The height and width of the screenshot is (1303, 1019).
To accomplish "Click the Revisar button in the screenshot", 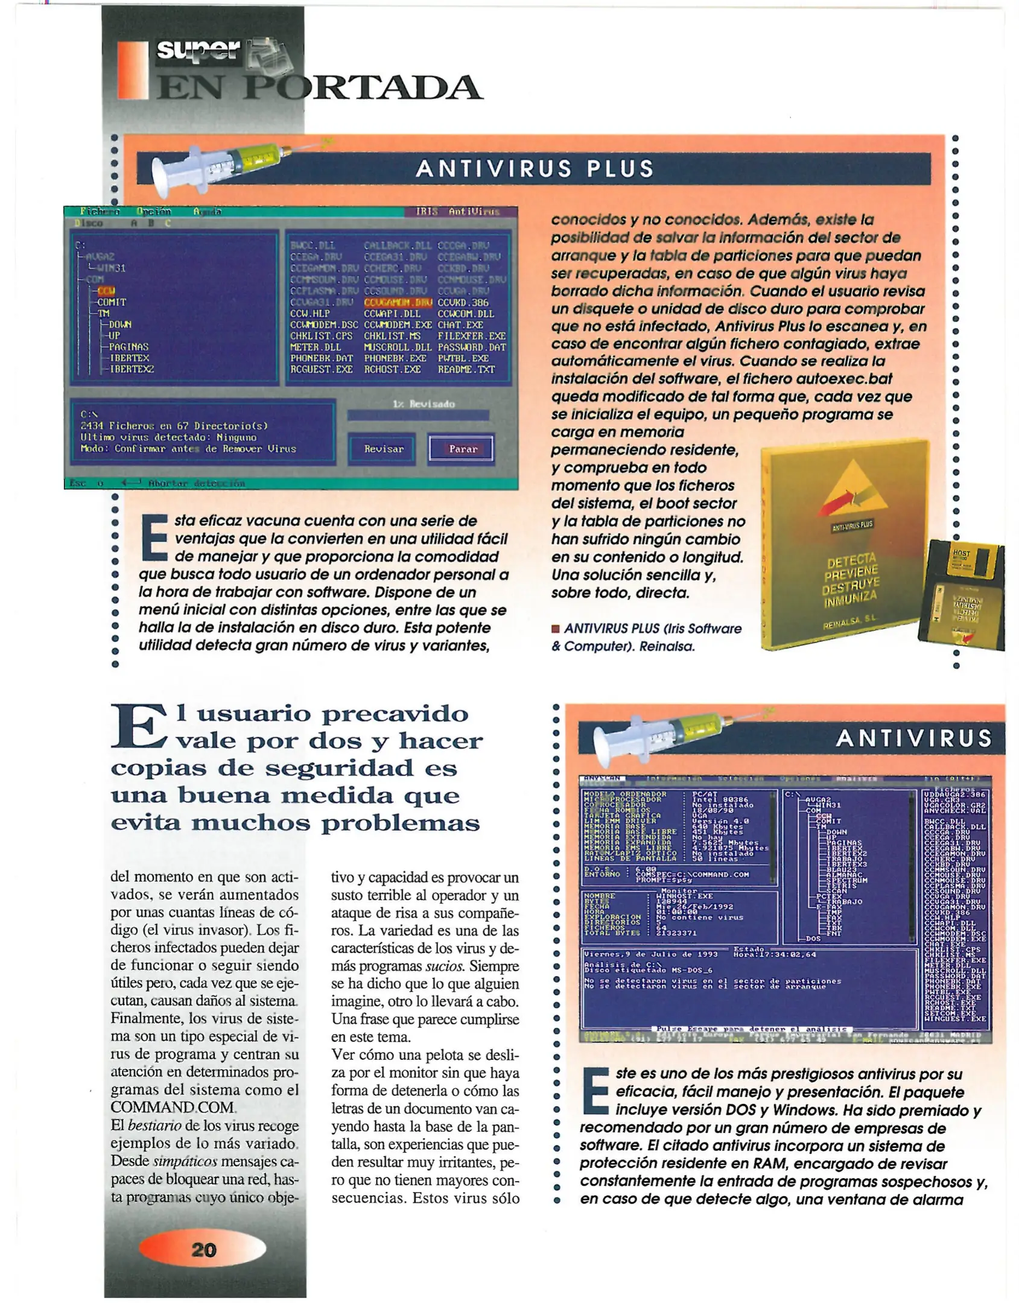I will pos(384,449).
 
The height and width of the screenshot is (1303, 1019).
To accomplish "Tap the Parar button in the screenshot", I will pos(463,449).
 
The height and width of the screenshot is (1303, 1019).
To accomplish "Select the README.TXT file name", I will pos(466,369).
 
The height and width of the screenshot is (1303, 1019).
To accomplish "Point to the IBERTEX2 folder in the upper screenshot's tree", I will pos(132,369).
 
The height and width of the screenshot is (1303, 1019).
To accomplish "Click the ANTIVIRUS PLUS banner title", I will pos(535,169).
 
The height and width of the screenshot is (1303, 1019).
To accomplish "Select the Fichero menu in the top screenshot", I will pos(100,212).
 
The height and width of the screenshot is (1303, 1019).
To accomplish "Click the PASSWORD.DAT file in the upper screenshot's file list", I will pos(471,347).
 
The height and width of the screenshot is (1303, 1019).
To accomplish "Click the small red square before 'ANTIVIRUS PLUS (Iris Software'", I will pos(556,629).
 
